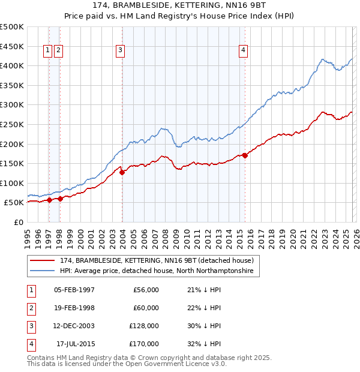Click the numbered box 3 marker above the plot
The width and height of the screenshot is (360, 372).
pos(121,50)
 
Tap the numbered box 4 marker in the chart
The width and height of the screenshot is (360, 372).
pos(244,50)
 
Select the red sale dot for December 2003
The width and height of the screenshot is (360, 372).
pos(122,172)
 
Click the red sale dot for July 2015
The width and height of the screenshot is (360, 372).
pos(245,155)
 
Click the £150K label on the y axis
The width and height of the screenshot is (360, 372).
pos(12,163)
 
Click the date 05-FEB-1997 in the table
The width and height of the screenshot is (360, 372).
pos(74,290)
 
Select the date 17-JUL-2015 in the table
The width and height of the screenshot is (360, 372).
pos(75,344)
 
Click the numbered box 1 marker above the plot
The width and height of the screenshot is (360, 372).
pos(47,50)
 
